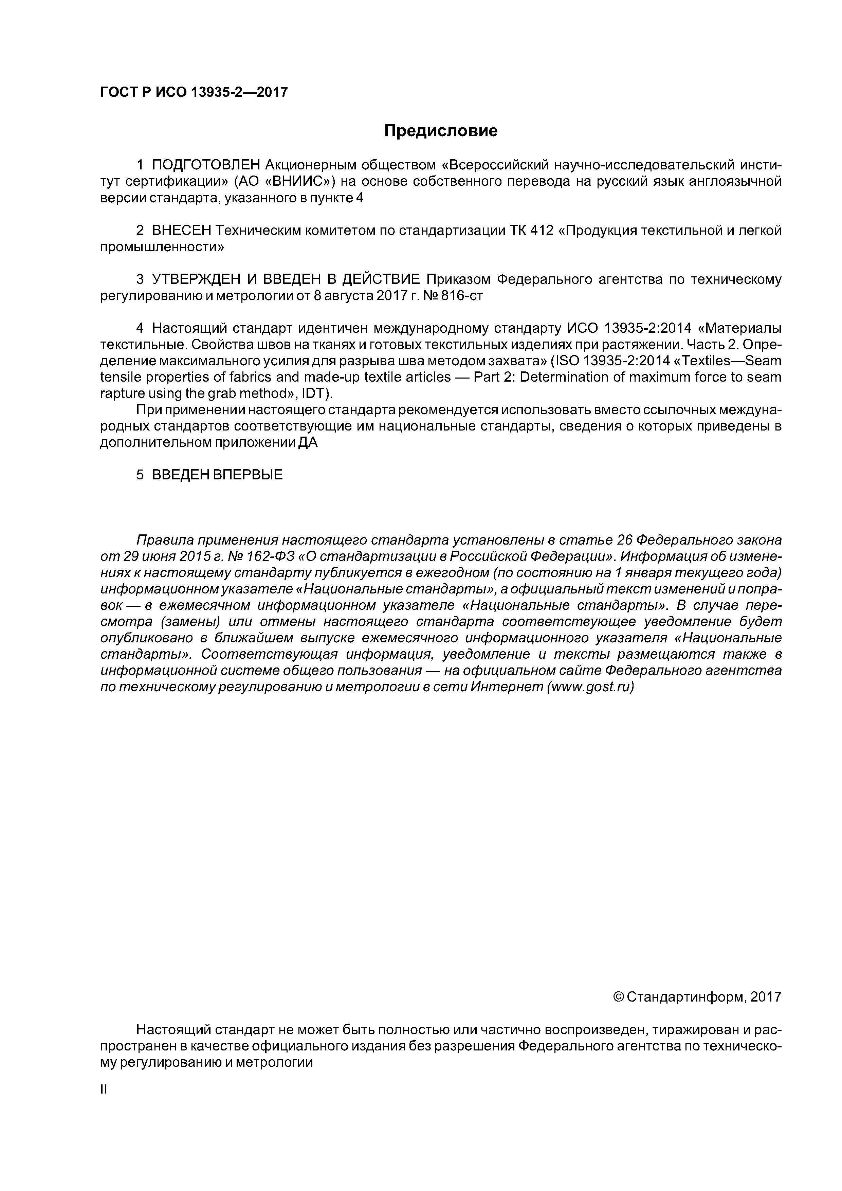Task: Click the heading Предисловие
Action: tap(440, 131)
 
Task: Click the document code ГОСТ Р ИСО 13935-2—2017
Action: tap(194, 92)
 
